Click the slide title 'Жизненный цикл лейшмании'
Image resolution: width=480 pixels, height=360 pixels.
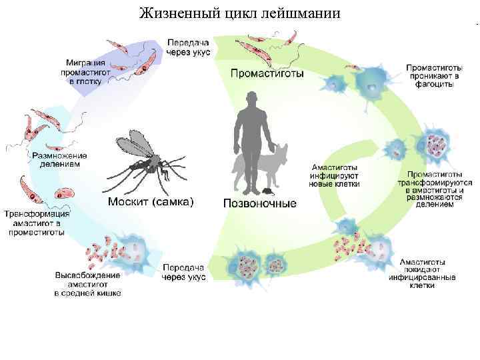(x=240, y=13)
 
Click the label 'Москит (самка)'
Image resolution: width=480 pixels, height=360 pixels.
(x=151, y=202)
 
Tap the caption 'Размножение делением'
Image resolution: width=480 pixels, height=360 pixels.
(x=60, y=159)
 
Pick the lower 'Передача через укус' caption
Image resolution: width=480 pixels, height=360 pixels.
(x=185, y=272)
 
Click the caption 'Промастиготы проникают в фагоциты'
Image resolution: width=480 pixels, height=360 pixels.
(x=431, y=76)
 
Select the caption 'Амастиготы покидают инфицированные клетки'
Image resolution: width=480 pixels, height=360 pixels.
(x=427, y=273)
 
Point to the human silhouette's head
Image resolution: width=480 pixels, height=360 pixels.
(x=251, y=99)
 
